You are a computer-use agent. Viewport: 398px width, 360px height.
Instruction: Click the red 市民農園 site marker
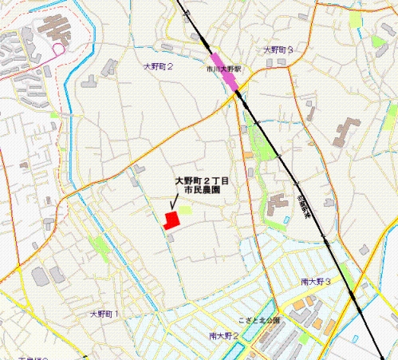coord(171,220)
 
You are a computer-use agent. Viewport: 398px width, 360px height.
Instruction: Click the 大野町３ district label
coord(278,50)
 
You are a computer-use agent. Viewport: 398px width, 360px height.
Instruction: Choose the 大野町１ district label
coord(104,314)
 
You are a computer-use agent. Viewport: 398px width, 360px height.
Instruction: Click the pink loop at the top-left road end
coord(57,49)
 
